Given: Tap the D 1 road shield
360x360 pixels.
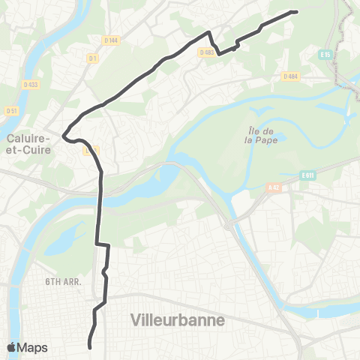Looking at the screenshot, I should pos(93,58).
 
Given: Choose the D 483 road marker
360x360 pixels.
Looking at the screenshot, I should pos(207,52).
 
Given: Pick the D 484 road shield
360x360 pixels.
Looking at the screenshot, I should pos(291,76).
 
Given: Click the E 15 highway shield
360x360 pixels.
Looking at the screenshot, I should pos(325,55).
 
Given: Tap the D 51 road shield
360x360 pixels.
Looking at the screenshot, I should pos(11,111).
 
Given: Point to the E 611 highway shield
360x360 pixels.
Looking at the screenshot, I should pos(307,175).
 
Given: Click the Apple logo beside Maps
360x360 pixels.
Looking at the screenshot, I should pos(12,347).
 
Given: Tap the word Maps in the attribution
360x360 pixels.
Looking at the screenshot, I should pos(33,347).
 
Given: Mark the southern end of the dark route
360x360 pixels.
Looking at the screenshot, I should pos(90,347).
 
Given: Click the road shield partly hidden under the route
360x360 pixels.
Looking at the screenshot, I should pos(91,151).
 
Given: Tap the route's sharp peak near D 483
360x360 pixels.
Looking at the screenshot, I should pos(208,31).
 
